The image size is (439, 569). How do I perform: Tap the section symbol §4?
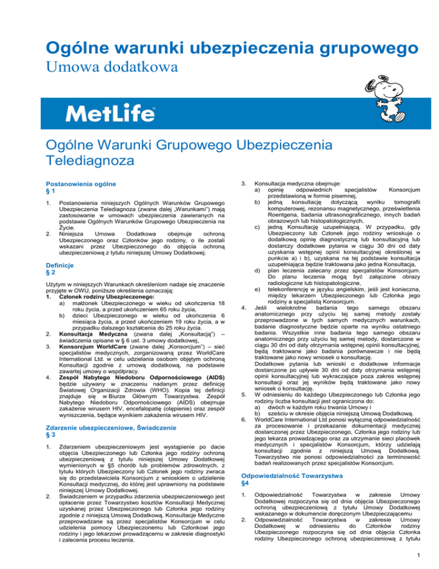[246, 484]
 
